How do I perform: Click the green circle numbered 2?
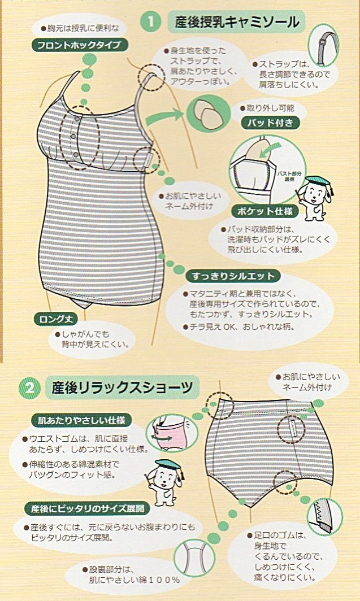click(29, 388)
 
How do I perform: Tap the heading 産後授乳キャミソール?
click(237, 22)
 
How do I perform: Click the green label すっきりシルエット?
click(233, 276)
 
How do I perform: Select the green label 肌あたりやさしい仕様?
click(81, 420)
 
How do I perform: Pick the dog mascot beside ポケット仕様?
click(314, 198)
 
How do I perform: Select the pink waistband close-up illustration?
click(168, 433)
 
